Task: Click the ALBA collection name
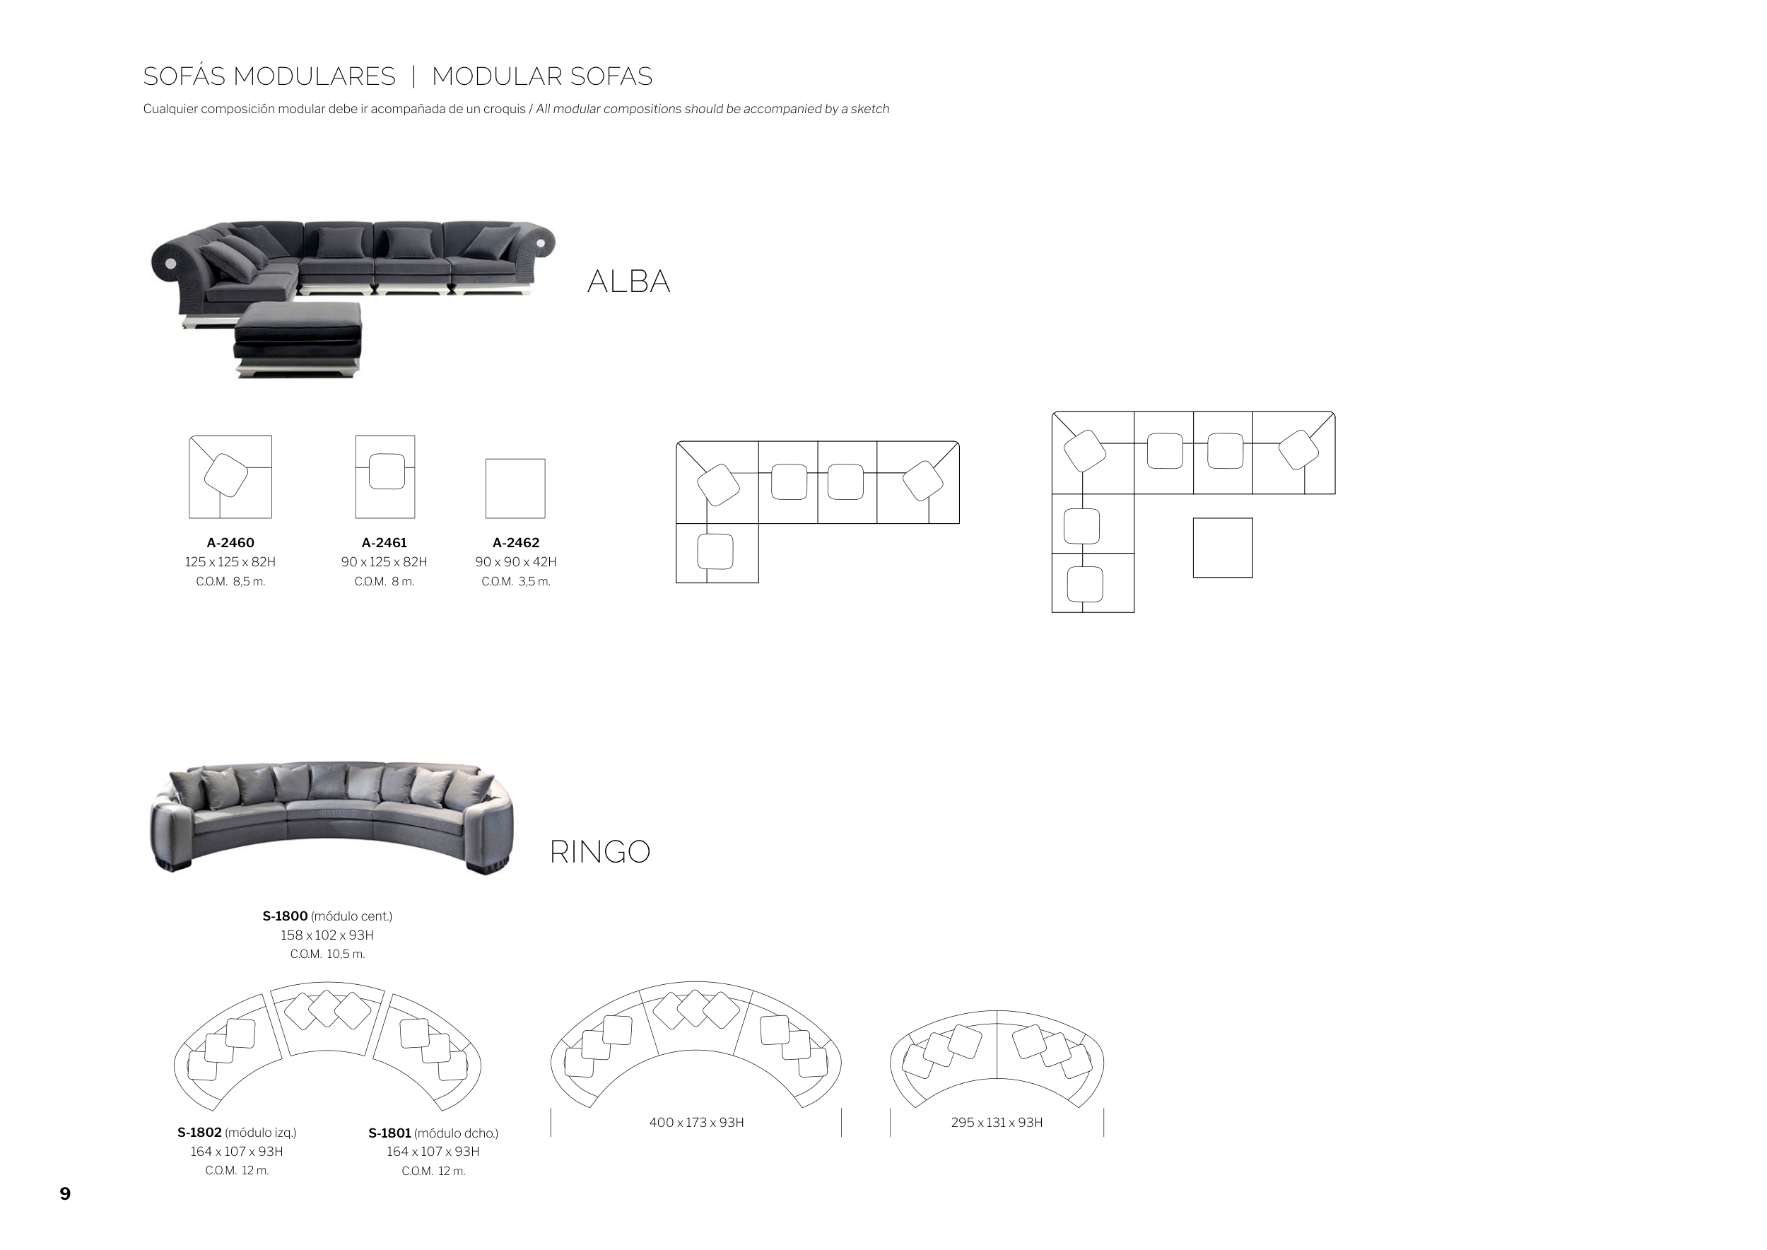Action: coord(629,281)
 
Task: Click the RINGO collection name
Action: coord(599,852)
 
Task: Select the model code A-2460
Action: coord(230,543)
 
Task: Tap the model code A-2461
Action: coord(384,543)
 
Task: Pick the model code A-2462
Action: coord(516,543)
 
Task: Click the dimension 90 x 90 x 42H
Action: coord(516,562)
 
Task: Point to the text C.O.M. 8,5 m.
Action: coord(230,582)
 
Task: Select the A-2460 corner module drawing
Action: coord(230,477)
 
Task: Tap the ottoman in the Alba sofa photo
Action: coord(298,339)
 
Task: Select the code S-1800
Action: coord(285,916)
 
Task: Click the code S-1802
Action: coord(199,1132)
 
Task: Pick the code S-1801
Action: coord(390,1133)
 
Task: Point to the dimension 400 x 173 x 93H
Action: coord(696,1122)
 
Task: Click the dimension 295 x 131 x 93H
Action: coord(997,1122)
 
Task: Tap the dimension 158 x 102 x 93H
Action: coord(327,935)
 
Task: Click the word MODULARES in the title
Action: coord(314,77)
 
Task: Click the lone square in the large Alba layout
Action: coord(1223,548)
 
